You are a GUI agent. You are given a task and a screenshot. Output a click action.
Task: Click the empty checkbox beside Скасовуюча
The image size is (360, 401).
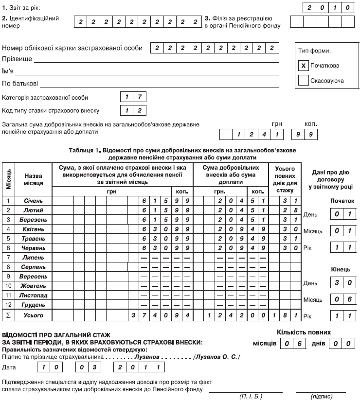click(x=304, y=81)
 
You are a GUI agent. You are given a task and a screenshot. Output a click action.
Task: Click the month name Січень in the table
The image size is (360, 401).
click(x=34, y=200)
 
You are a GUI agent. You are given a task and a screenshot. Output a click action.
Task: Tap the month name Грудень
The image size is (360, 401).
click(x=34, y=305)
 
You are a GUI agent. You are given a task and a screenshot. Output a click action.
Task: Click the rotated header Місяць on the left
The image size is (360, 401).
click(x=8, y=179)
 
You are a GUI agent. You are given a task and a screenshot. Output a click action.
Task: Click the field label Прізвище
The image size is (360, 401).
click(x=18, y=59)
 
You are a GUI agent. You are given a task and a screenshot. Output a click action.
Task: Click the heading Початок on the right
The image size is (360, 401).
click(x=342, y=200)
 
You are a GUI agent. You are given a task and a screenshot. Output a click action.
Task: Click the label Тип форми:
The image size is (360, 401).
click(x=314, y=51)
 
